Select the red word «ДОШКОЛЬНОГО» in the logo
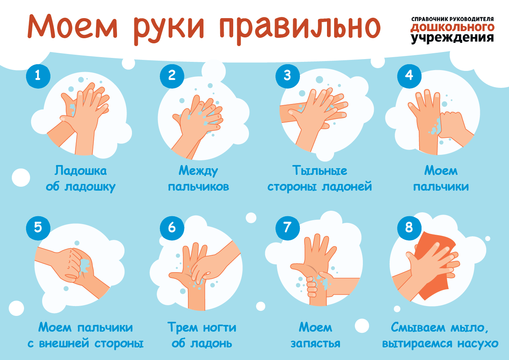(x=452, y=28)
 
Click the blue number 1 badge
(x=38, y=76)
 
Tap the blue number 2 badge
(x=172, y=76)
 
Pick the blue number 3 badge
(x=288, y=76)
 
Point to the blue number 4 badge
(x=409, y=76)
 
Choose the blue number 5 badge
(x=38, y=228)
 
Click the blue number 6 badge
(x=172, y=228)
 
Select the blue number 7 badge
(x=288, y=228)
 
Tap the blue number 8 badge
(x=409, y=228)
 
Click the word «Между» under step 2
(x=198, y=171)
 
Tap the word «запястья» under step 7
(x=316, y=343)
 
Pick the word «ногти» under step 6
(x=219, y=328)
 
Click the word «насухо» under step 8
(x=478, y=344)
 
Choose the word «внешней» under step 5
(x=64, y=343)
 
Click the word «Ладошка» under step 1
(x=80, y=171)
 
